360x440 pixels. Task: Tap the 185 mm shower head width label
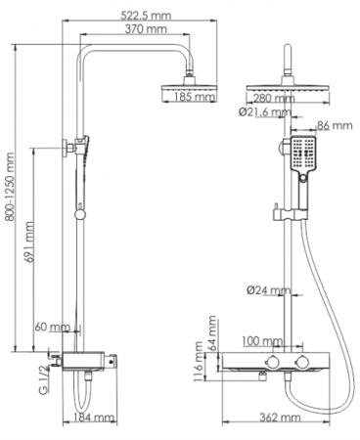(x=197, y=97)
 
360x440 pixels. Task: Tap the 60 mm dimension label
(x=53, y=327)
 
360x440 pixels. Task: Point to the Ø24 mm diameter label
(x=266, y=289)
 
